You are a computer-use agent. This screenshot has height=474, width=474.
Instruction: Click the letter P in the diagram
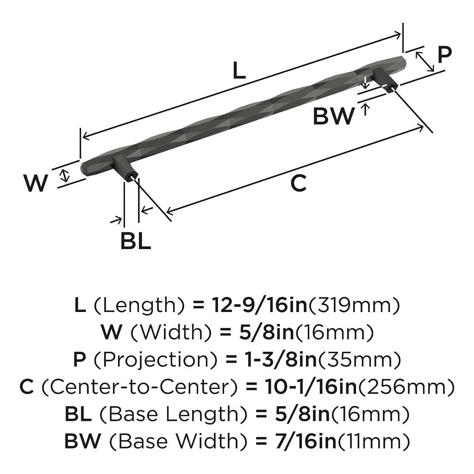444,55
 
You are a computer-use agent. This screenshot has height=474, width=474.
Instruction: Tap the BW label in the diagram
333,116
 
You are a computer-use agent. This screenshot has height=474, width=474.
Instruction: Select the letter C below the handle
299,184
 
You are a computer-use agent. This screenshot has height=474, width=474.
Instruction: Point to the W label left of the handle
36,184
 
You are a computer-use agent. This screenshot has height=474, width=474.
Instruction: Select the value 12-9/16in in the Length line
260,305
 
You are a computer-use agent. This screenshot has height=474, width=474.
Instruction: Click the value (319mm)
354,305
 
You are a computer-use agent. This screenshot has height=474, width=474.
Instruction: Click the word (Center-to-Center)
136,387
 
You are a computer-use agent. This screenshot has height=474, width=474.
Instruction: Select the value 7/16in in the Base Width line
303,441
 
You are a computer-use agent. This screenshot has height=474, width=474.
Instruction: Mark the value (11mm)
374,441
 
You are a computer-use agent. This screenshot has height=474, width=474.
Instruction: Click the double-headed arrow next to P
425,62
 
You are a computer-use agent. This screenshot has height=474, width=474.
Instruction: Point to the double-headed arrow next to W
65,175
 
